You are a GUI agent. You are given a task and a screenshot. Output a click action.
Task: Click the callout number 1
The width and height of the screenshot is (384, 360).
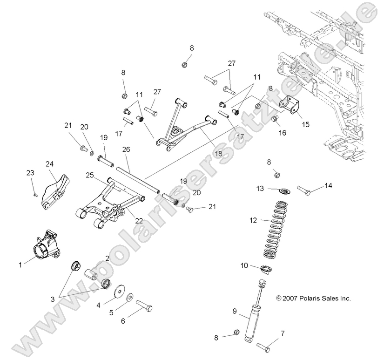point(20,265)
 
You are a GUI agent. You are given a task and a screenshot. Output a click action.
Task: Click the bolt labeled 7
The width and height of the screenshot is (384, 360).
point(263,347)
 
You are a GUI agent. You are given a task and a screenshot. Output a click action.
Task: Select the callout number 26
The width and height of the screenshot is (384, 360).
point(126,149)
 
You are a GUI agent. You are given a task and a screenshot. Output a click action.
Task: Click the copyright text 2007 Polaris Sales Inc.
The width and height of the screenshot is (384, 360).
point(313,298)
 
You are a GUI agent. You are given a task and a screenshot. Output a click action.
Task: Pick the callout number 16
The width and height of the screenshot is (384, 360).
point(282,133)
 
